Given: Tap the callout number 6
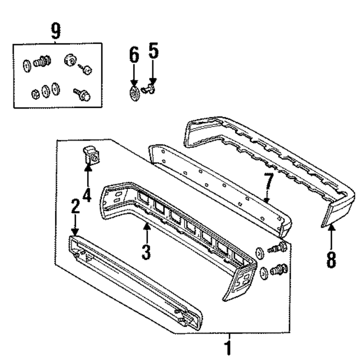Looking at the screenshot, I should click(133, 55).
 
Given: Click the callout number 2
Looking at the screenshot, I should click(75, 207).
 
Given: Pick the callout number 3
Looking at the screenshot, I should click(146, 251).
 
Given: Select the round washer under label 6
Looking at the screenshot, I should click(134, 92).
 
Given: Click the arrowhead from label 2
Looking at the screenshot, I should click(75, 232).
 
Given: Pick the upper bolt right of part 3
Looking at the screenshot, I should click(279, 247).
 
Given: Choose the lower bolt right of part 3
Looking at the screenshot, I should click(279, 270).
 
